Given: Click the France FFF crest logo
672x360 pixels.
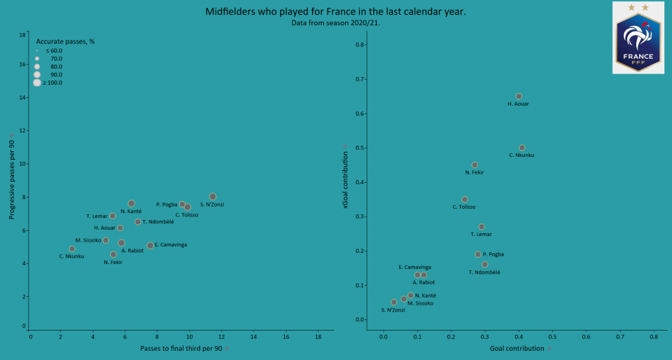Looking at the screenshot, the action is [x=638, y=37].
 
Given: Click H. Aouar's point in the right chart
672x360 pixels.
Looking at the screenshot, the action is [x=519, y=97].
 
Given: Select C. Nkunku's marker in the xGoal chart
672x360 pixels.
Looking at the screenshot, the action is [x=522, y=148].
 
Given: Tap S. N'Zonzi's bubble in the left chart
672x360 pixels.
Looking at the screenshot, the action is [x=213, y=197].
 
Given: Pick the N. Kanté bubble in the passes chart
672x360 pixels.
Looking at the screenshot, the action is [x=132, y=204].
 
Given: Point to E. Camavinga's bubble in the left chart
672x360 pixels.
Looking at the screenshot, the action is [x=150, y=246].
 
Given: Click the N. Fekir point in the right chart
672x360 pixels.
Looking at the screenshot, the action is [x=475, y=165].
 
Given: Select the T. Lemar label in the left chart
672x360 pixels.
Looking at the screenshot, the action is [x=97, y=216].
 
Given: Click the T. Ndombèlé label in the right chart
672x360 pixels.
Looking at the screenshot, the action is [x=484, y=272].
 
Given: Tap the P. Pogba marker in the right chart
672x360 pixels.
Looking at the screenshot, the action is [x=478, y=254].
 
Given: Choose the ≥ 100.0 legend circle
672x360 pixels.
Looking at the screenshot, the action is [x=37, y=83].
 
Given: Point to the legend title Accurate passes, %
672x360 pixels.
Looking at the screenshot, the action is [x=65, y=41].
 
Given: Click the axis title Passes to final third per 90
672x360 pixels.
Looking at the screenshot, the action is [x=181, y=348].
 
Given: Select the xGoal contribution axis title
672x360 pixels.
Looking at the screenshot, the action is [x=345, y=180].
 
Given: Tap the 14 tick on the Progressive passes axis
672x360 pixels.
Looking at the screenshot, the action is [x=22, y=98].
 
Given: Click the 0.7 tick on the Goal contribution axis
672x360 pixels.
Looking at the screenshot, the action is [x=619, y=337].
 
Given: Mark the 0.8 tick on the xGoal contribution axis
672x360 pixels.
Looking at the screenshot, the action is [x=360, y=45].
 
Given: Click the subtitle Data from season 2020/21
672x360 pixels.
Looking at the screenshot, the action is [x=335, y=22].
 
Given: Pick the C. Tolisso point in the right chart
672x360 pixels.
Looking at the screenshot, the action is [x=465, y=200].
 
